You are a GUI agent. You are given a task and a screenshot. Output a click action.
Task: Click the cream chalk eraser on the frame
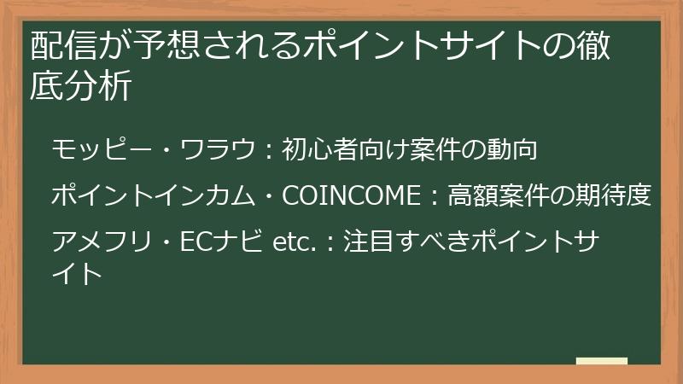tap(601, 361)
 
